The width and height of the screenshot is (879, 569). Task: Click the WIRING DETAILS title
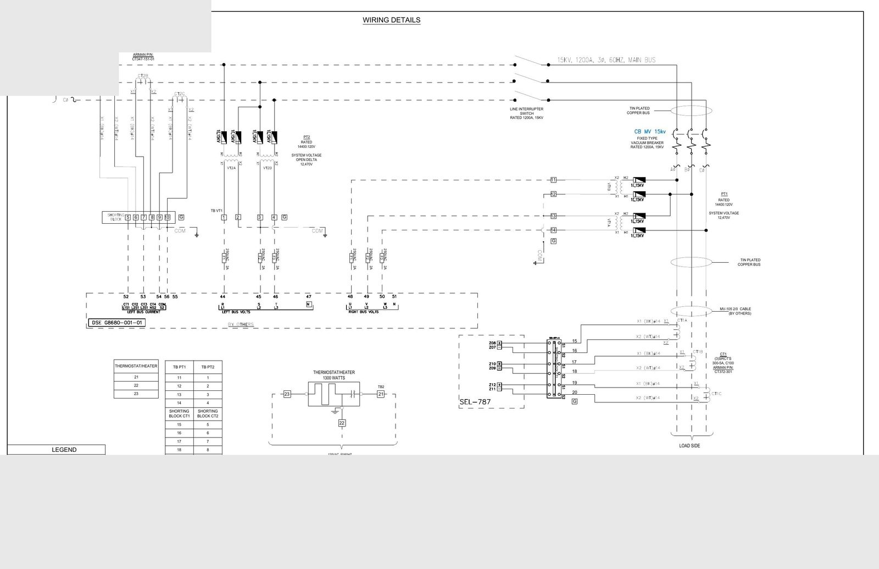(x=391, y=20)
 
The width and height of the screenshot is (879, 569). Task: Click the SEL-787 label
(x=475, y=402)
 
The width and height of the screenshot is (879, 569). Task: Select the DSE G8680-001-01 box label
(x=116, y=323)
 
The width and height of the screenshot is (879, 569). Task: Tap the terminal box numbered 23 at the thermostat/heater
(x=287, y=394)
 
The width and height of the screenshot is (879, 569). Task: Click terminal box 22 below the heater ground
(x=342, y=423)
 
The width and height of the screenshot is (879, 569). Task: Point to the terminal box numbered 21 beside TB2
(x=381, y=394)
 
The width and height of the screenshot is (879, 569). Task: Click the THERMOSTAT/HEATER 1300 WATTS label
(x=334, y=375)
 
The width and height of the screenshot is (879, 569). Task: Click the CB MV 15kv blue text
(x=650, y=132)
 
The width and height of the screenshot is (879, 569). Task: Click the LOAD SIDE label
(x=689, y=445)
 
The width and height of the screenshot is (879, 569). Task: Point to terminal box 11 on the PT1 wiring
(x=553, y=180)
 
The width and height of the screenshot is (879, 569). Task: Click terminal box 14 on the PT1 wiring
(x=553, y=230)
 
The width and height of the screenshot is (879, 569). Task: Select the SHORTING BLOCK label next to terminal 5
(x=115, y=217)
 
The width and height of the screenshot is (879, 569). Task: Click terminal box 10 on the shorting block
(x=167, y=217)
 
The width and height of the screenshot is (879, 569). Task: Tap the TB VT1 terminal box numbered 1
(x=224, y=217)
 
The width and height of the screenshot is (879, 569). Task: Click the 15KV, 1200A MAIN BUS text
(x=606, y=60)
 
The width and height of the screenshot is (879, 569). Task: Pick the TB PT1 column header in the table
(x=179, y=367)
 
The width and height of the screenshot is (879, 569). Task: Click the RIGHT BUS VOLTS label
(x=364, y=312)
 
